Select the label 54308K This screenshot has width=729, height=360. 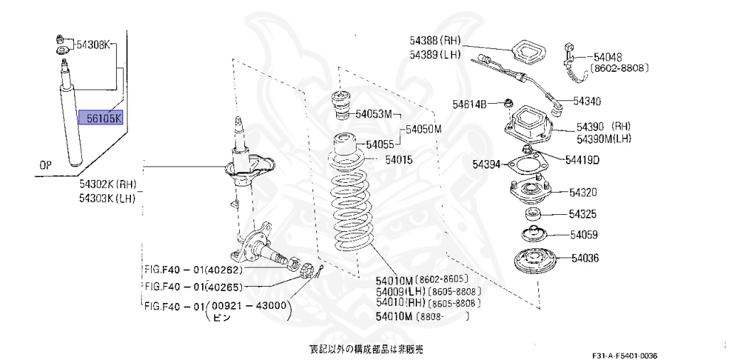[94, 45]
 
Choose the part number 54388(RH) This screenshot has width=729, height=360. [436, 41]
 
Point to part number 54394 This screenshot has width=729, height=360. [488, 165]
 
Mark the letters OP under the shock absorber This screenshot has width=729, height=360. [46, 165]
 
